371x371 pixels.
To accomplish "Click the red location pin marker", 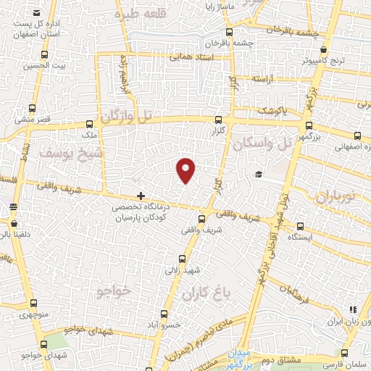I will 186,170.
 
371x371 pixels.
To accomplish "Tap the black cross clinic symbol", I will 141,196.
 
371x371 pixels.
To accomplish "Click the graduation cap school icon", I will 258,174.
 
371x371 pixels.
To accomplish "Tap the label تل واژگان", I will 129,115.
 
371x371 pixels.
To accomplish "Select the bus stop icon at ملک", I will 89,124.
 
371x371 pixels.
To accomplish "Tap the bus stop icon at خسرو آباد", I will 164,314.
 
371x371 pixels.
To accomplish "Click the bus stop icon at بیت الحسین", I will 44,55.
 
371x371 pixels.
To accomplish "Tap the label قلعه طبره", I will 138,13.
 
